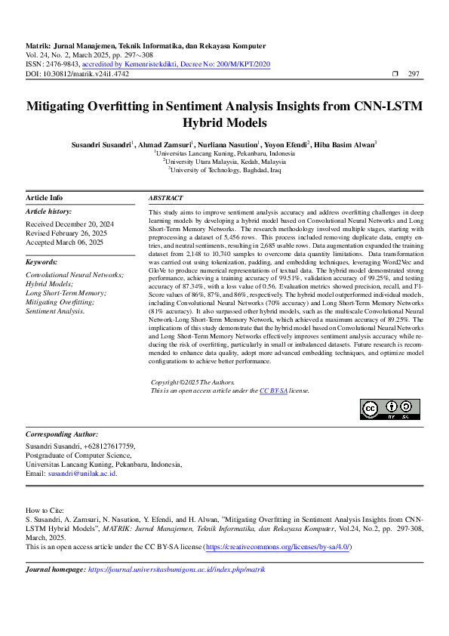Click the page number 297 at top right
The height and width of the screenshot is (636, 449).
[x=414, y=74]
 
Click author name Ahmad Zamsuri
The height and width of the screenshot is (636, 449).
[x=165, y=144]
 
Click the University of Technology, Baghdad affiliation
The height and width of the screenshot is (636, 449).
[x=225, y=171]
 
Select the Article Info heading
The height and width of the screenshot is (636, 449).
[x=45, y=198]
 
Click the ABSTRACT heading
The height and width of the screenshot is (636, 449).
[x=165, y=198]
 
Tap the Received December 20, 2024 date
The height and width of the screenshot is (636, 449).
[x=69, y=224]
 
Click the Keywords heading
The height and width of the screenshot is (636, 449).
[x=42, y=261]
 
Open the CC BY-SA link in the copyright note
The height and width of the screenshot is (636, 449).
[x=273, y=391]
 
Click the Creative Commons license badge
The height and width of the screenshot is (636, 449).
[x=390, y=409]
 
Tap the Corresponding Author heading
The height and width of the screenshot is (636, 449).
[x=62, y=434]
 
